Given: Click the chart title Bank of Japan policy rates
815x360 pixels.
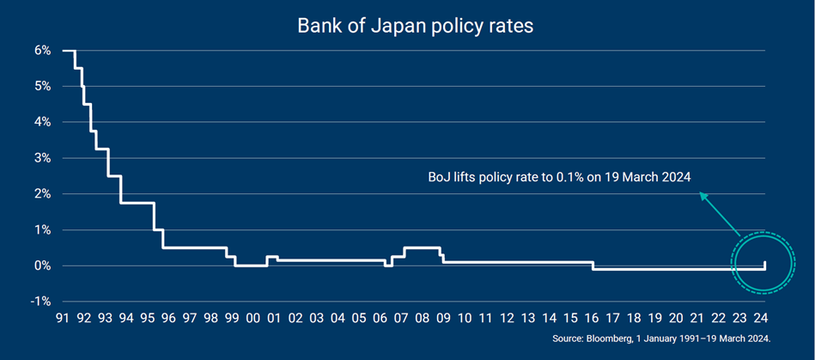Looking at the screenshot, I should [x=416, y=26].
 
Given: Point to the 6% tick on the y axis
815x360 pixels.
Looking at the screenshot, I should [x=41, y=51].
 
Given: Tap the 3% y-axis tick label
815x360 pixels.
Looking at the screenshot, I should [x=41, y=158].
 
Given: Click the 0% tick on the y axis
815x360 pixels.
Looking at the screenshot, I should [x=41, y=265].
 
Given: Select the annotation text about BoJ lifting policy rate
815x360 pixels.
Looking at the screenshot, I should [x=560, y=177].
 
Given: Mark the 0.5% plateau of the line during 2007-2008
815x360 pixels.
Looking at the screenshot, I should [x=422, y=248].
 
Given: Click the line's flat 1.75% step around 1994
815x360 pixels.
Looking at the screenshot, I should [x=137, y=203].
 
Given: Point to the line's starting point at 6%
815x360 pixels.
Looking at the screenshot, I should [x=64, y=51].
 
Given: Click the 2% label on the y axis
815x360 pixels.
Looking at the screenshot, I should [x=41, y=194].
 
